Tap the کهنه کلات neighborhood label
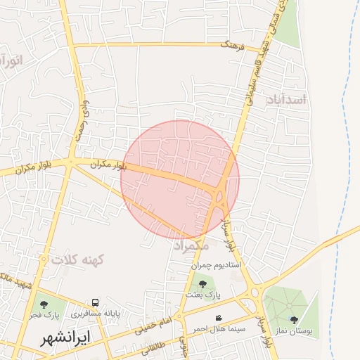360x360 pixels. click(77, 260)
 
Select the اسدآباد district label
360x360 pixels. click(287, 100)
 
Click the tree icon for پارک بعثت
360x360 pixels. click(202, 284)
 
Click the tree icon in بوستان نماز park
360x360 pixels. click(294, 320)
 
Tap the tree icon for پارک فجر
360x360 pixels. click(44, 304)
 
